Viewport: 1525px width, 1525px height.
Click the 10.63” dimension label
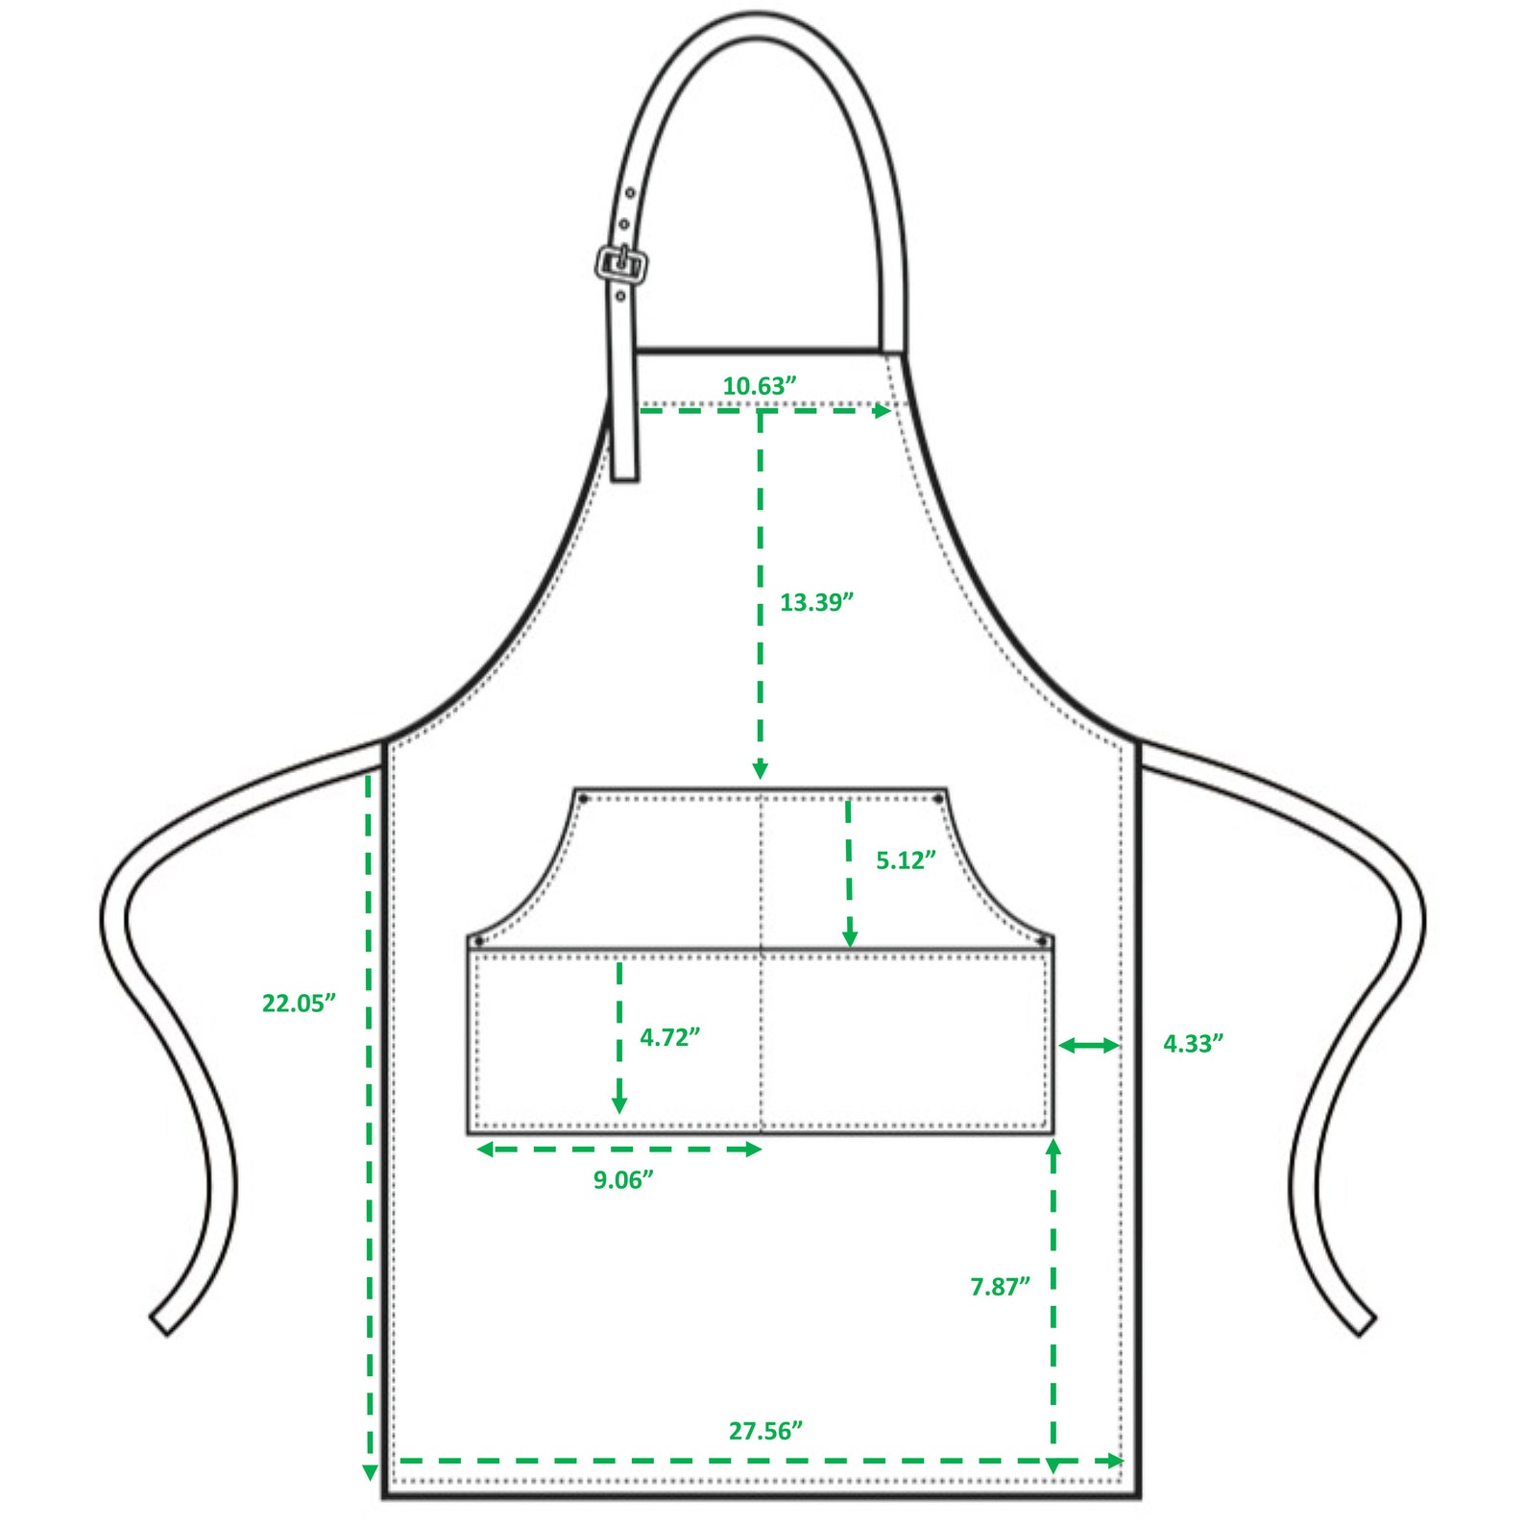click(759, 386)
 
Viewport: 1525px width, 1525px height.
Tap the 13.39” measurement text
click(816, 603)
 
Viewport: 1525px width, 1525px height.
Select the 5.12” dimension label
click(906, 860)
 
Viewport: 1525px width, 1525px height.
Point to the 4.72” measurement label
click(669, 1038)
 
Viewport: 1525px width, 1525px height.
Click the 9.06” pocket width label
click(623, 1180)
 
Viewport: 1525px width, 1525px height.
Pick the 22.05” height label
click(299, 1004)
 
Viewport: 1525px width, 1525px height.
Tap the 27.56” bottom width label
click(765, 1432)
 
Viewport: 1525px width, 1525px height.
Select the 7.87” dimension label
click(1000, 1287)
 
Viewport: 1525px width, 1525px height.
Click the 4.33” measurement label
click(1194, 1044)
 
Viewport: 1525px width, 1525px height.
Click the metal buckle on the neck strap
click(622, 263)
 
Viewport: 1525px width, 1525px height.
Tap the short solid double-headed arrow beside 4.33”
click(1089, 1046)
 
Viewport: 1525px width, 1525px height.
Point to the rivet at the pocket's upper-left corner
click(583, 799)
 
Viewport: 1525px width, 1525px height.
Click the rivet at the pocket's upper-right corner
click(937, 799)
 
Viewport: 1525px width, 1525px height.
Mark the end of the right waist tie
click(1366, 1324)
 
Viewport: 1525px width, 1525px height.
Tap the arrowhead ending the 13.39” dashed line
click(760, 770)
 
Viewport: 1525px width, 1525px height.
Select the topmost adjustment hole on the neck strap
click(630, 194)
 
